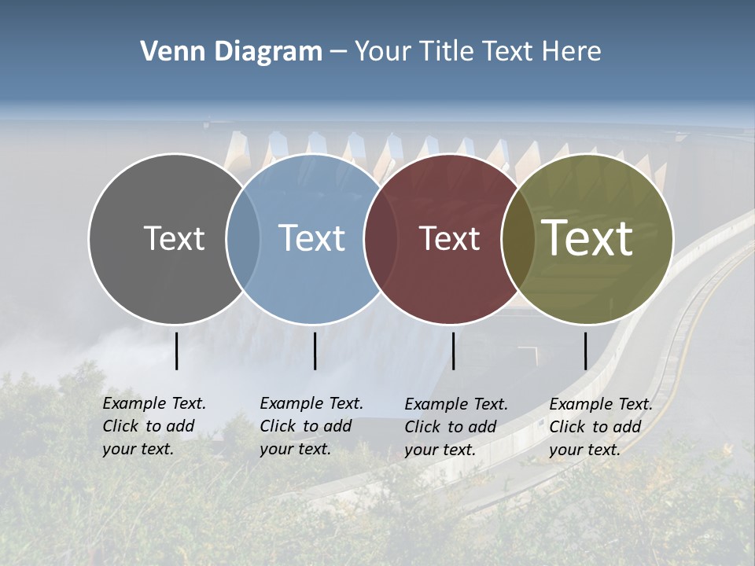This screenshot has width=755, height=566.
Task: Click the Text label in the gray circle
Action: click(x=174, y=238)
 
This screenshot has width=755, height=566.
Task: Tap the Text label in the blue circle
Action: click(x=311, y=238)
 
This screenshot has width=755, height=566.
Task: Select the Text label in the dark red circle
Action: click(x=449, y=238)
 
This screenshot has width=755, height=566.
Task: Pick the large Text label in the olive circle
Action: click(x=587, y=238)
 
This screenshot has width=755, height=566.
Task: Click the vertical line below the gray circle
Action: click(x=176, y=351)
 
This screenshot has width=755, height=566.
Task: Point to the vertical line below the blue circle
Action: click(x=315, y=351)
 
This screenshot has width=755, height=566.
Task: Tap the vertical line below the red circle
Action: click(x=453, y=351)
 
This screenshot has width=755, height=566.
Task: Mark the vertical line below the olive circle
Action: click(x=585, y=351)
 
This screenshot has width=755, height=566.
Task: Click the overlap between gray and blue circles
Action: click(x=243, y=238)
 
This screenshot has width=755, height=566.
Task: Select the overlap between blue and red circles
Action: click(x=380, y=238)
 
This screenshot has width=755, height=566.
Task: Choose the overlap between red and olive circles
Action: click(x=517, y=238)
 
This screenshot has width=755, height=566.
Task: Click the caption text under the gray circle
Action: click(x=154, y=426)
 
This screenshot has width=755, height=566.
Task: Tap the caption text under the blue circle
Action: click(x=311, y=426)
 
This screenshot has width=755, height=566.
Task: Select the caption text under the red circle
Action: click(x=456, y=427)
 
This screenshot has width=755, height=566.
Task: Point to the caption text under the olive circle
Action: click(x=601, y=427)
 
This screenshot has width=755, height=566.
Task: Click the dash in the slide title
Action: click(x=338, y=52)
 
